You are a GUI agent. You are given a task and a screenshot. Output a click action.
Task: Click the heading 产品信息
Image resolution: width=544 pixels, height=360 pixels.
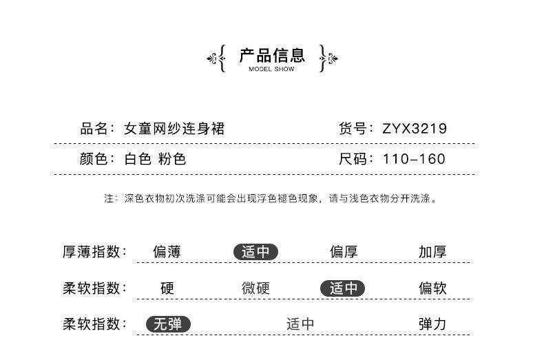[x=271, y=55]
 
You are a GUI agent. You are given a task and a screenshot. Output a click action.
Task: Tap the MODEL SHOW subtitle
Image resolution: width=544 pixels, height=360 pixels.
[x=271, y=70]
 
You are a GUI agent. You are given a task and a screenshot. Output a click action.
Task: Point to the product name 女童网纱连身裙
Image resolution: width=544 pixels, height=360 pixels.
[x=174, y=128]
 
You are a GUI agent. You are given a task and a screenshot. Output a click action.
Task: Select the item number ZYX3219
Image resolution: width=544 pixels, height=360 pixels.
[x=415, y=128]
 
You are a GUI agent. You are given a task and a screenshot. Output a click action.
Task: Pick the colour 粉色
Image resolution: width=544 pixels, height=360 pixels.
[x=172, y=159]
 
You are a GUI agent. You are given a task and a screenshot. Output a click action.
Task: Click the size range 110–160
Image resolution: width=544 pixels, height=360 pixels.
[x=414, y=159]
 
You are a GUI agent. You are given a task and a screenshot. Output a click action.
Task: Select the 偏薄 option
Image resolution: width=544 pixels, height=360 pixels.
[x=167, y=252]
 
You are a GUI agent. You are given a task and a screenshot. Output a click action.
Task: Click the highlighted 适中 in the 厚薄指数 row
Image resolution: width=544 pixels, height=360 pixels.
[x=255, y=252]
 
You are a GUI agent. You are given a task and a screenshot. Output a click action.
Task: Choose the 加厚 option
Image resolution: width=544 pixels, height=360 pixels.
[x=432, y=252]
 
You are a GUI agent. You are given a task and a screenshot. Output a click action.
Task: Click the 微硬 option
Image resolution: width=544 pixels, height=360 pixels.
[x=255, y=288]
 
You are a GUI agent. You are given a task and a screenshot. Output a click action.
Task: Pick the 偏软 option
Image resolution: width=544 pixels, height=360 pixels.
[x=432, y=288]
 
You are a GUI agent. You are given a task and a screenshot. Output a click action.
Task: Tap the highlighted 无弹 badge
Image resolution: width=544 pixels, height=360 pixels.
[x=168, y=324]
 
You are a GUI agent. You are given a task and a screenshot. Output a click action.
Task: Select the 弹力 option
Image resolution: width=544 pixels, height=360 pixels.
[x=432, y=324]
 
